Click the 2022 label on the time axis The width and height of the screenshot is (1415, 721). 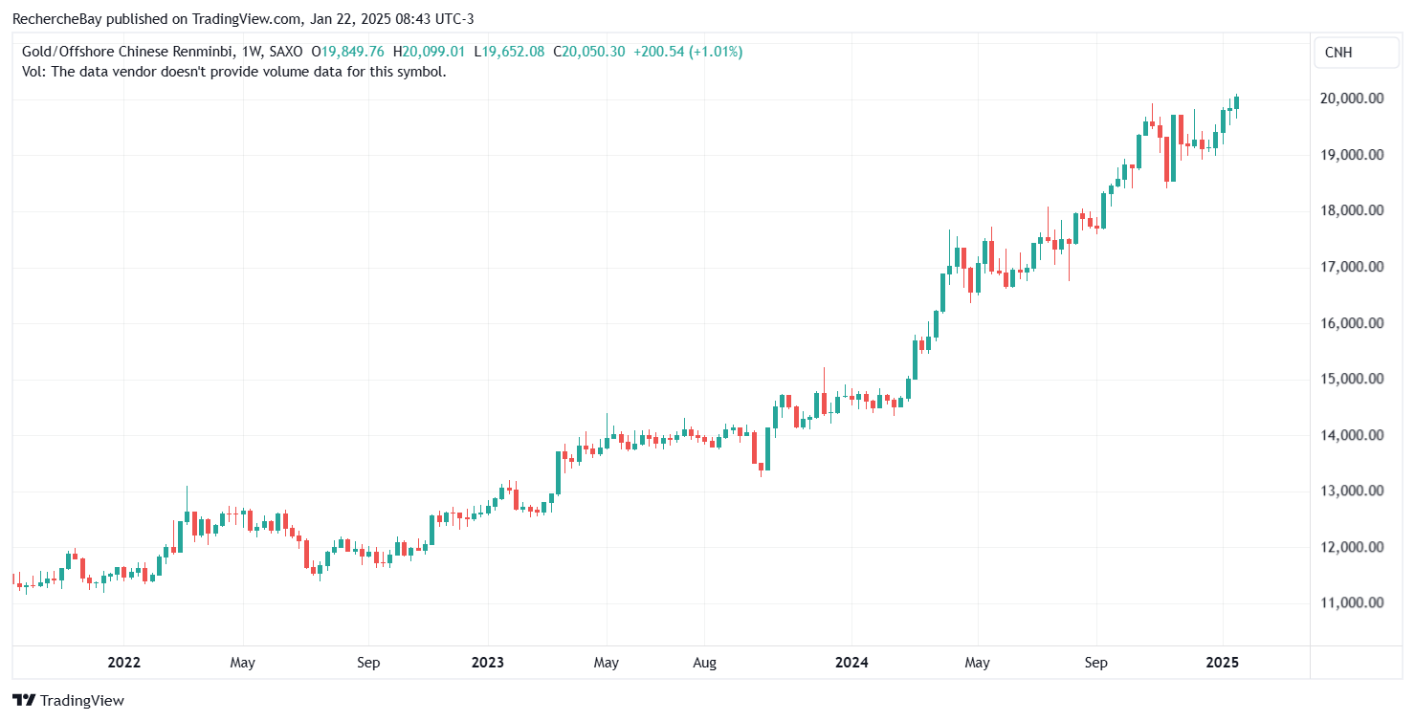tap(124, 663)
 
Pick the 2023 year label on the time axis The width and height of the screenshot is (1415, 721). tap(487, 663)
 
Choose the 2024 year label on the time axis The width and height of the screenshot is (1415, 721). tap(851, 663)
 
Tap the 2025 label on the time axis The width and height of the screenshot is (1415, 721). tap(1222, 663)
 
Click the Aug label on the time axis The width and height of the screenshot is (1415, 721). tap(703, 663)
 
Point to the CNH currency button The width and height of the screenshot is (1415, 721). tap(1338, 53)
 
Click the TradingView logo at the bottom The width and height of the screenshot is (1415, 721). tap(68, 700)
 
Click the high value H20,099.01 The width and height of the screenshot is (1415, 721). tap(433, 52)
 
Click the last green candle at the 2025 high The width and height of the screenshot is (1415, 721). tap(1236, 102)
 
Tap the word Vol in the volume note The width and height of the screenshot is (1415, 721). tap(32, 71)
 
